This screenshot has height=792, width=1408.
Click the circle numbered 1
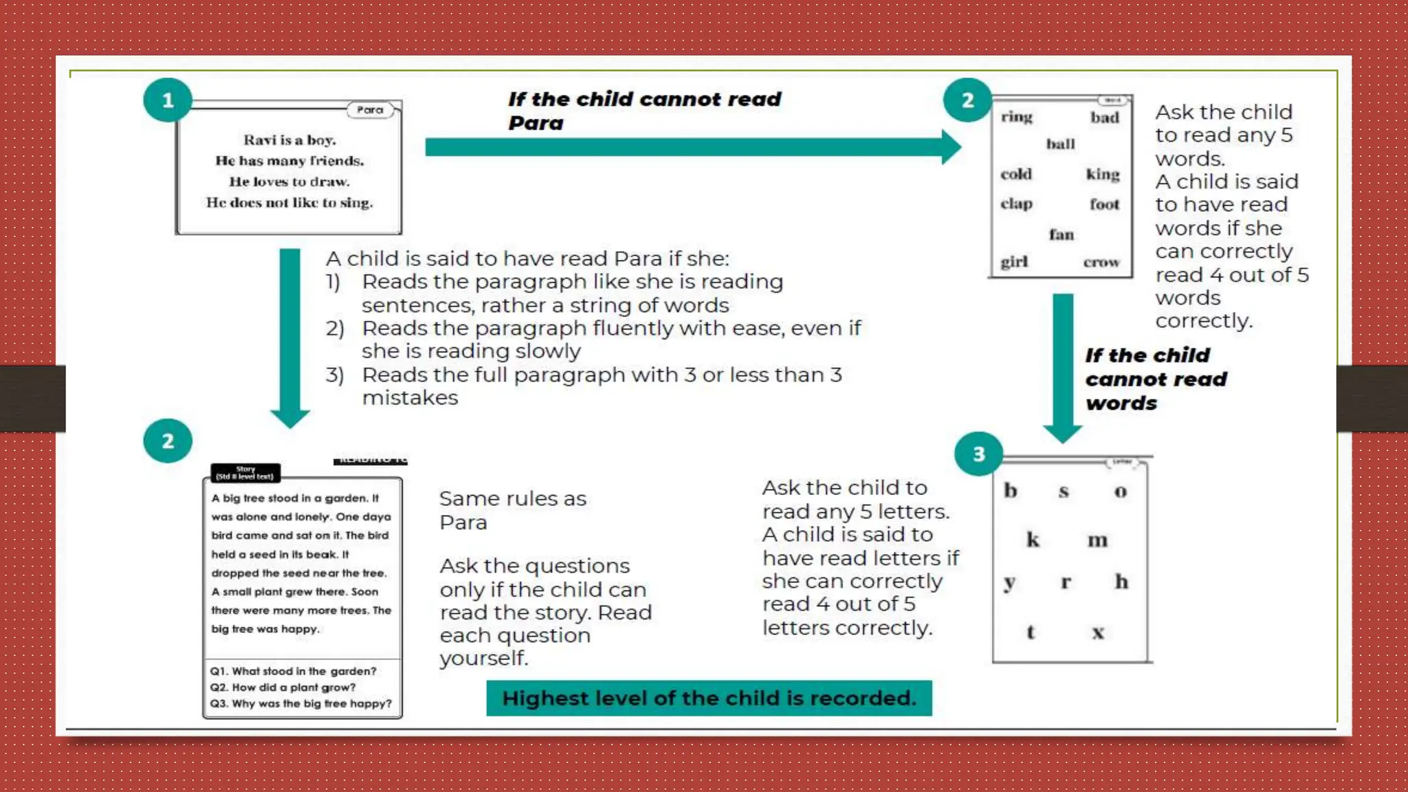click(167, 100)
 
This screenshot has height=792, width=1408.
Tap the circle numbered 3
click(978, 454)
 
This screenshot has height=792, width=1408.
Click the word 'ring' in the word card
click(1016, 117)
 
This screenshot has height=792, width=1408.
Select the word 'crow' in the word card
click(1101, 262)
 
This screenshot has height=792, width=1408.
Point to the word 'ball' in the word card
click(1060, 144)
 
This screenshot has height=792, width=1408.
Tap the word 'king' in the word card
click(1103, 174)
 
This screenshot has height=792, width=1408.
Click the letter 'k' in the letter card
click(1033, 540)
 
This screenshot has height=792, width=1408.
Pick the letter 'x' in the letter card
click(1098, 632)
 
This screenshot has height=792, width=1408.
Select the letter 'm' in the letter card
click(1097, 540)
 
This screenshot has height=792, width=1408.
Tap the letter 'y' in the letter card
click(1009, 583)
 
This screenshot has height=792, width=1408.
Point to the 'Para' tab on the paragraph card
click(370, 110)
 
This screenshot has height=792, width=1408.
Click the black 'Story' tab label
click(245, 472)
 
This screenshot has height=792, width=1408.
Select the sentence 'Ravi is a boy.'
click(289, 140)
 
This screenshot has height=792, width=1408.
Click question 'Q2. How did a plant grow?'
click(283, 687)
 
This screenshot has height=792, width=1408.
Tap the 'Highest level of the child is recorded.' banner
click(709, 698)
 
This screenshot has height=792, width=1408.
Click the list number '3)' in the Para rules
click(335, 375)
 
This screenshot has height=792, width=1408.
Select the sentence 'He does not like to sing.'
click(289, 203)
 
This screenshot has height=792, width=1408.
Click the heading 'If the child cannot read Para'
click(644, 111)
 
